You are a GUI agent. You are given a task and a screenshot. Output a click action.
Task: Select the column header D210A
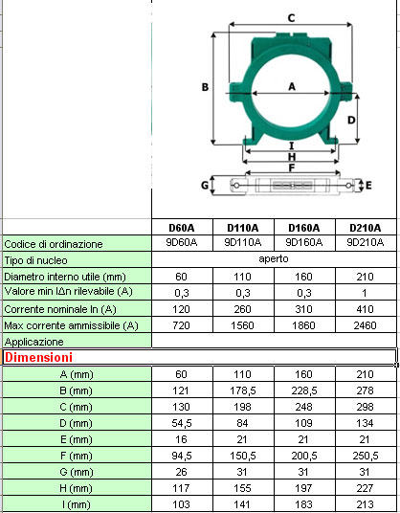(366, 228)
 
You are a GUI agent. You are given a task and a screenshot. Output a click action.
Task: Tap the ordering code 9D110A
(243, 243)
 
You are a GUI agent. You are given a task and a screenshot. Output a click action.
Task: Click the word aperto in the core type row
(274, 259)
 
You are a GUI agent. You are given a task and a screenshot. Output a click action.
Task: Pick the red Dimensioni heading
(40, 357)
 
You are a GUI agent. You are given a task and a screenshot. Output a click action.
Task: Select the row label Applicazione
(34, 342)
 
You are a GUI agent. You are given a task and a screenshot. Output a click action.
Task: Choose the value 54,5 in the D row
(182, 422)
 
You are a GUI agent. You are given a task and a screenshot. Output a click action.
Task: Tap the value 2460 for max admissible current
(366, 325)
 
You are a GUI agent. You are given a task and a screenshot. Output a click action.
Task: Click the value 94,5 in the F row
(182, 456)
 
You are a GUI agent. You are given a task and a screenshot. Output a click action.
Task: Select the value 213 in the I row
(366, 503)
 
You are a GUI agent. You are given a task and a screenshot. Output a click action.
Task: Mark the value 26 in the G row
(182, 471)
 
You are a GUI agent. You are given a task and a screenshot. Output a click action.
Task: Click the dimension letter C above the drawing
(291, 17)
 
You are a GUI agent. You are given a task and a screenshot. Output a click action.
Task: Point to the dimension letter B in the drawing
(205, 87)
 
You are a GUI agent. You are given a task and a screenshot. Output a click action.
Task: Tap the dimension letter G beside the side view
(205, 183)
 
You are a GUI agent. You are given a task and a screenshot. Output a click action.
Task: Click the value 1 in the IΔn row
(366, 292)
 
